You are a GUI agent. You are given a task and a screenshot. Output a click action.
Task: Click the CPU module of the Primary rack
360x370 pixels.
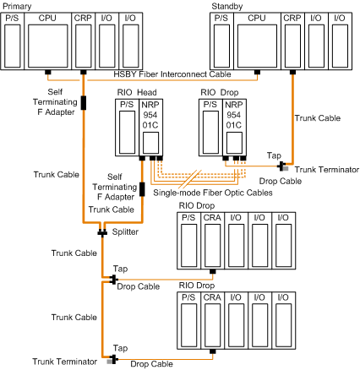click(48, 41)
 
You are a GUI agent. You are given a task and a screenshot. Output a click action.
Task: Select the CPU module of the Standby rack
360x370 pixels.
click(257, 41)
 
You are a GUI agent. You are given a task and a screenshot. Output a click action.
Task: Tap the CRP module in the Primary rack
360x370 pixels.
click(84, 41)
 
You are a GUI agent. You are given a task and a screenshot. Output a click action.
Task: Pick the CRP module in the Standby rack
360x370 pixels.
click(292, 41)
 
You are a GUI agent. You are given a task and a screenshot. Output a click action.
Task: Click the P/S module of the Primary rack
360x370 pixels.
click(13, 41)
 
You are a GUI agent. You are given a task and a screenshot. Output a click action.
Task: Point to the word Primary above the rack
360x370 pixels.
click(17, 6)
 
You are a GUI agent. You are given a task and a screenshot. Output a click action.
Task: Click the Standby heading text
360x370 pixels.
click(227, 6)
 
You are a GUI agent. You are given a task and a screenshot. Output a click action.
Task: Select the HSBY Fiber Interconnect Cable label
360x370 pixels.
click(172, 74)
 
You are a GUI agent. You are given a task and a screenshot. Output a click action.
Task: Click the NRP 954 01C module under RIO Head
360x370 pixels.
click(150, 128)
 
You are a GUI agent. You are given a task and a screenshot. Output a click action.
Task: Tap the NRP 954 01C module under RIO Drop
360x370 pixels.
click(234, 128)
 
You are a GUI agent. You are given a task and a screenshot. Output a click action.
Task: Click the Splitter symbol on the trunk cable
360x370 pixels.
click(102, 232)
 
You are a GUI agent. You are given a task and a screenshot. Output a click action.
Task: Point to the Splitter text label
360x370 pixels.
click(125, 232)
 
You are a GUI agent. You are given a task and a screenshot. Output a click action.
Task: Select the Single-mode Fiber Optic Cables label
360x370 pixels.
click(213, 193)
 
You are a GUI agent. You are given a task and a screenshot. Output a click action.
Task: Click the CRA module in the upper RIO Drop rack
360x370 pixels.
click(213, 241)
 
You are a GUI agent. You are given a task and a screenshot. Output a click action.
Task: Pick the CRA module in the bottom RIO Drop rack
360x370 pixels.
click(213, 320)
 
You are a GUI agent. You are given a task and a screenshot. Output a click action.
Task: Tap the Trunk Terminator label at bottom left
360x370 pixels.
click(65, 362)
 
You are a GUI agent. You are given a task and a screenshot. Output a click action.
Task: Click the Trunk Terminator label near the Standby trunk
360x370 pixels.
click(327, 170)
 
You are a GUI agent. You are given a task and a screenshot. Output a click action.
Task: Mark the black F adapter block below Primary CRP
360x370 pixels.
click(84, 103)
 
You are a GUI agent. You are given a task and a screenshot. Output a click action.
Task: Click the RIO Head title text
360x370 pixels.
click(137, 92)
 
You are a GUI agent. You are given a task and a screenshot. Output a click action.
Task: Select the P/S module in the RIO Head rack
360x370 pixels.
click(128, 128)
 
